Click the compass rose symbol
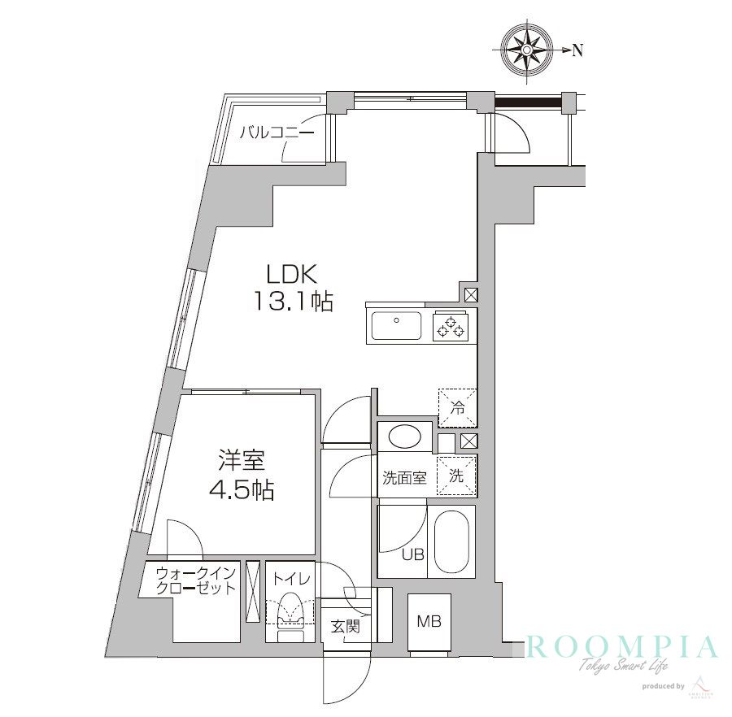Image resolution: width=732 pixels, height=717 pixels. point(526,50)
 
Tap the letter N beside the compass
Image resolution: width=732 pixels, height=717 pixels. point(577,50)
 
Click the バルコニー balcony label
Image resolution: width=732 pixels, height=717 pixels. point(277,132)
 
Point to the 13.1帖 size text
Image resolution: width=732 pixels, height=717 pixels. point(293,302)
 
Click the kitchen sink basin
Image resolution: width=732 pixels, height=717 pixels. point(397,326)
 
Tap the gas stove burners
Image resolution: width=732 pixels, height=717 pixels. point(451,326)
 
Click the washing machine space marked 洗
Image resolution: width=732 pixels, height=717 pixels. point(457,476)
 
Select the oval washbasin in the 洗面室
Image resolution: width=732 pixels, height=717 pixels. point(404,436)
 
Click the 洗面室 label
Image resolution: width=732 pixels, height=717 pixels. point(404,478)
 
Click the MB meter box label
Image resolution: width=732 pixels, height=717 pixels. point(429,622)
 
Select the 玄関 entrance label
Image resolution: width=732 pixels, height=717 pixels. point(345,627)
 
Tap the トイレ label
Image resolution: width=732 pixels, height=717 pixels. point(290,580)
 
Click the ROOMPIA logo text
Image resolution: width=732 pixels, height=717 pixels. point(623,648)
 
